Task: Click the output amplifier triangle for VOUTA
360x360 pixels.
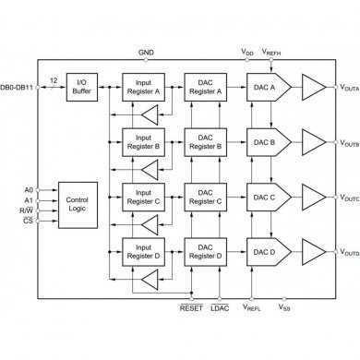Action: pyautogui.click(x=311, y=88)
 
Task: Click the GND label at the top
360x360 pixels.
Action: pyautogui.click(x=145, y=54)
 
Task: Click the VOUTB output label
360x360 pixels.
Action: pyautogui.click(x=348, y=144)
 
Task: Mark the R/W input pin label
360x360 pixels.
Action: pyautogui.click(x=28, y=210)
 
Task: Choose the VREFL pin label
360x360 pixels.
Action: pyautogui.click(x=252, y=299)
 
